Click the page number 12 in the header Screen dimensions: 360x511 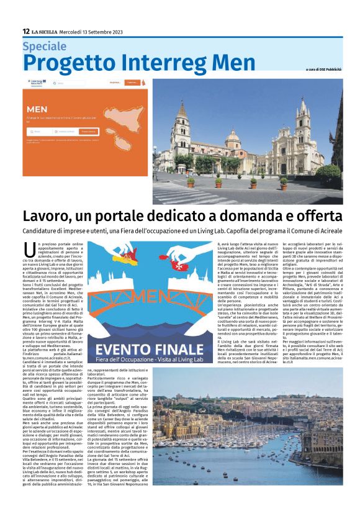[x=26, y=32]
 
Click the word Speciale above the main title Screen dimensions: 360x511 [x=44, y=46]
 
